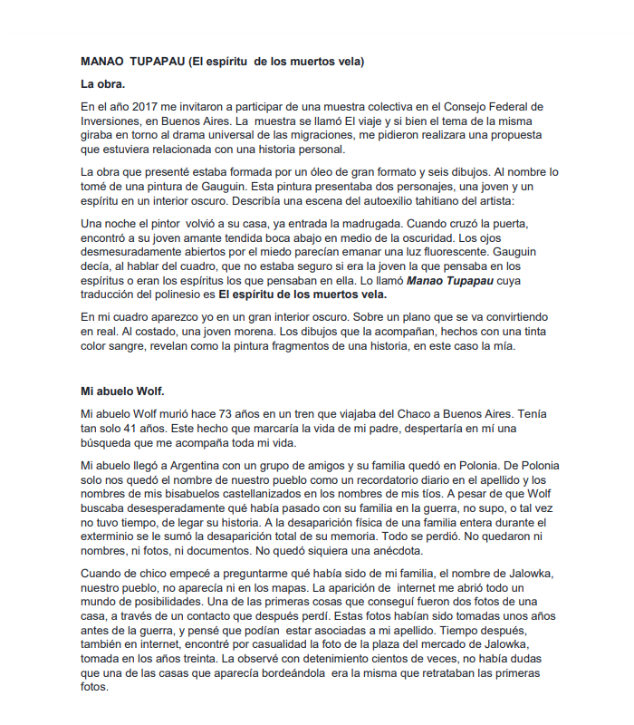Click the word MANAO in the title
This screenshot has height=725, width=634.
(101, 63)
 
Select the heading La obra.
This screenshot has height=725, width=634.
(103, 84)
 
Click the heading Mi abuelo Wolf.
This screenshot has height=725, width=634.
(122, 391)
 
